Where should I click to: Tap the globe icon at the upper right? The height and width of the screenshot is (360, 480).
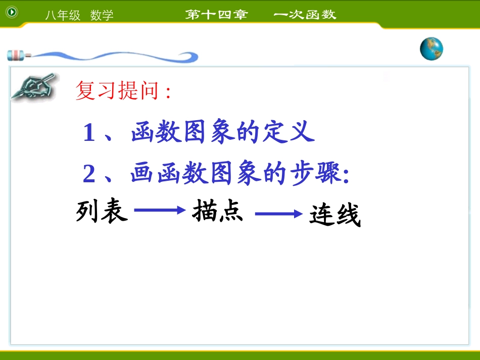click(431, 49)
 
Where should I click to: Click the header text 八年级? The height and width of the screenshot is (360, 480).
click(63, 16)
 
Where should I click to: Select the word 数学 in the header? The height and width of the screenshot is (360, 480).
click(102, 16)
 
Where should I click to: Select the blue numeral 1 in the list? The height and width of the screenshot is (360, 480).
click(89, 133)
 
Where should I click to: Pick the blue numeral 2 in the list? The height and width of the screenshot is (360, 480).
click(89, 175)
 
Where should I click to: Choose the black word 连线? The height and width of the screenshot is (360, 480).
click(335, 216)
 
